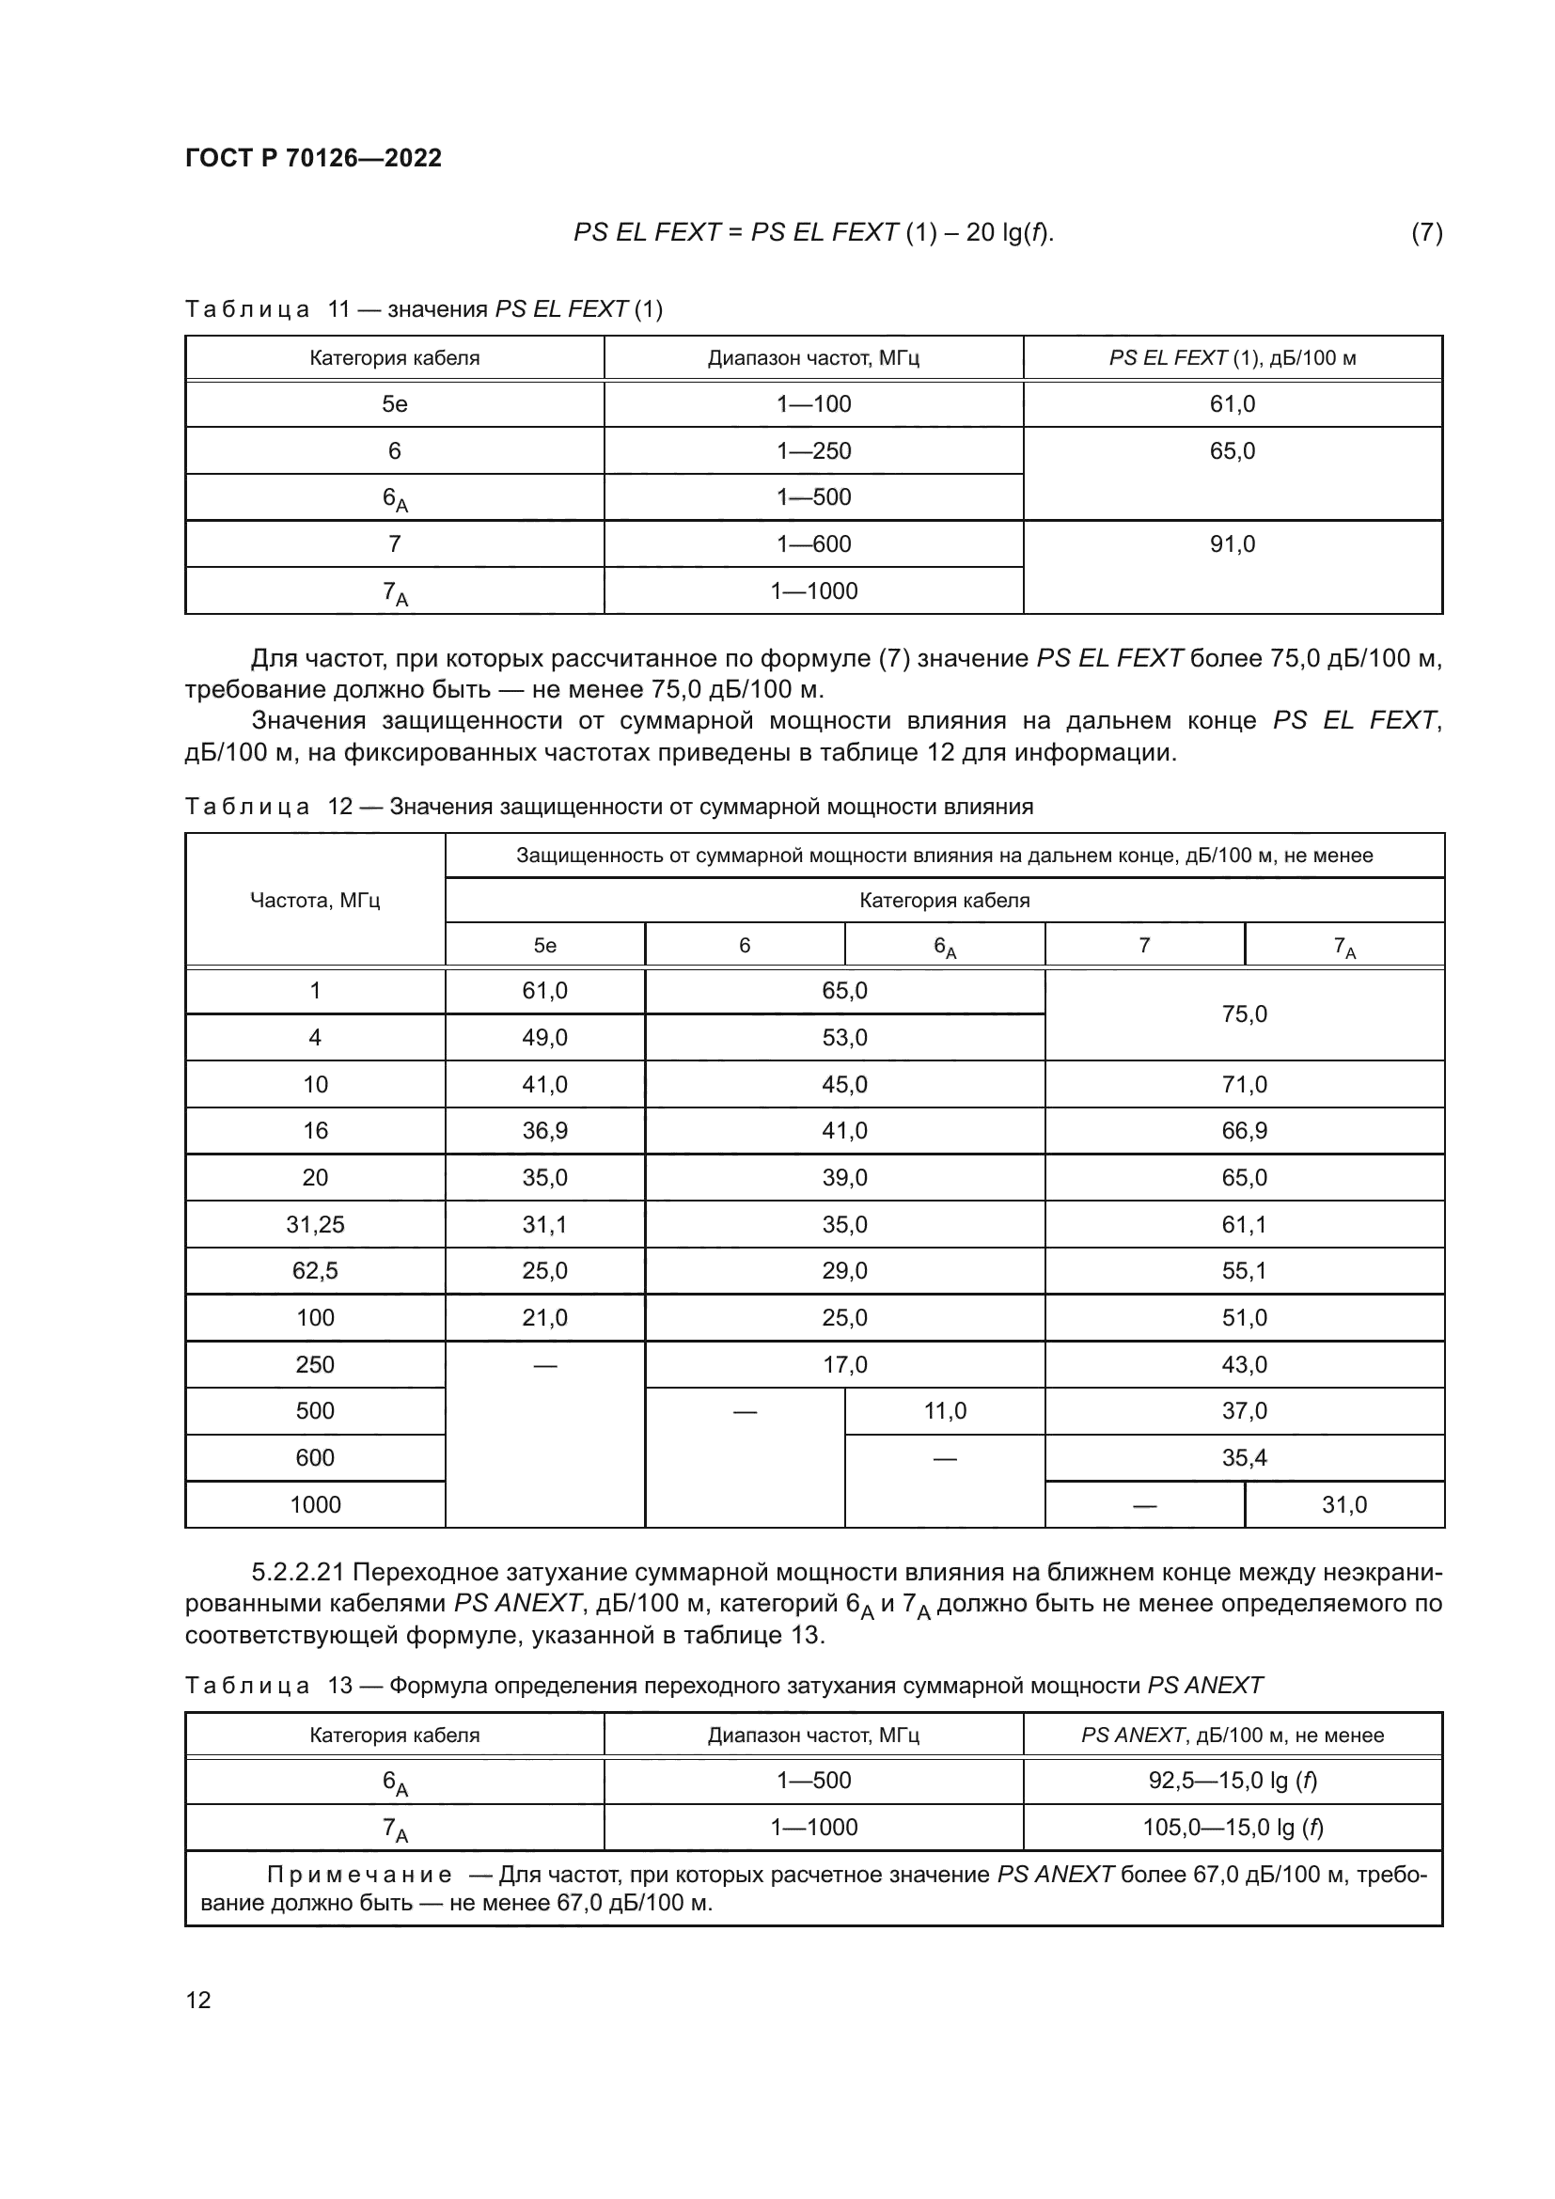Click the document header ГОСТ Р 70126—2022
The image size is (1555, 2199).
coord(313,158)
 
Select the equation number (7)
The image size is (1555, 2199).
coord(1426,232)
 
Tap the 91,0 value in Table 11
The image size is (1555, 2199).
coord(1232,544)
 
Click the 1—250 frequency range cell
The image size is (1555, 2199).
coord(813,450)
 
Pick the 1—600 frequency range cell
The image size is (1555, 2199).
coord(813,544)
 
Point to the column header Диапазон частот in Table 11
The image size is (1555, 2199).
coord(813,358)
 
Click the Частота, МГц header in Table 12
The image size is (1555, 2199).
coord(315,901)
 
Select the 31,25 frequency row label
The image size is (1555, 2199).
coord(315,1224)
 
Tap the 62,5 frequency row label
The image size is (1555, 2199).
coord(315,1270)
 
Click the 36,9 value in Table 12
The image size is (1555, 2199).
coord(545,1130)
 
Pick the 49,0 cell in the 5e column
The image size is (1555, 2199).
coord(545,1037)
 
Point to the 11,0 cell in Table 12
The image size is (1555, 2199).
coord(944,1410)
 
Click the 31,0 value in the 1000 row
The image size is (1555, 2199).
coord(1344,1504)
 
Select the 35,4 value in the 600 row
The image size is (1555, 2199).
coord(1244,1458)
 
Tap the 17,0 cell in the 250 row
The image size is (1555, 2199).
coord(844,1364)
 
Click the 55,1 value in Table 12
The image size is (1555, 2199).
coord(1244,1270)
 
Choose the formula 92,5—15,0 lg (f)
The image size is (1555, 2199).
coord(1233,1781)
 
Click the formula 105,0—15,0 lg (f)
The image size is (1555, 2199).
coord(1233,1828)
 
